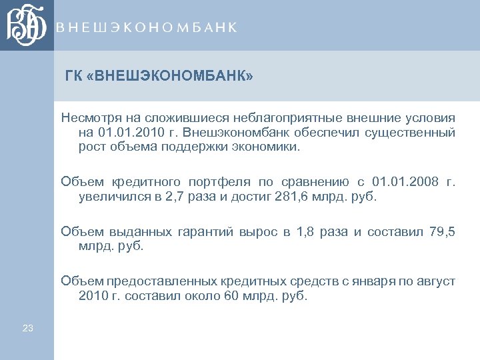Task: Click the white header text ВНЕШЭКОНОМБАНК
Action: (x=147, y=27)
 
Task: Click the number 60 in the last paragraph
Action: (x=231, y=297)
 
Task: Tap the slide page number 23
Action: (x=27, y=327)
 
